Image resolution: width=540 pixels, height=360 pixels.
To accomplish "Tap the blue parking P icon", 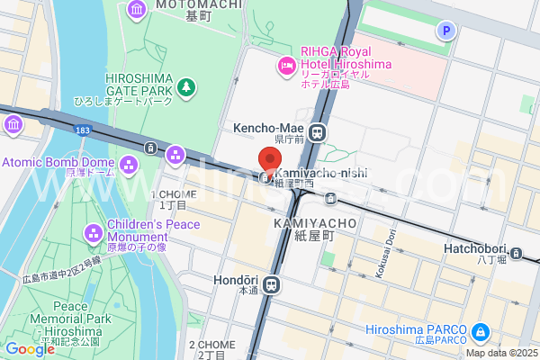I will click(444, 31).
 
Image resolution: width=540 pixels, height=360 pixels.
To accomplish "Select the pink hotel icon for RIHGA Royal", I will click(286, 65).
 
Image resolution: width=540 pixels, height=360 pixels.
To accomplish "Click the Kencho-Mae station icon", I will click(317, 133).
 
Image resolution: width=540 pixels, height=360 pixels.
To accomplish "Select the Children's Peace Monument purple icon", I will click(94, 234).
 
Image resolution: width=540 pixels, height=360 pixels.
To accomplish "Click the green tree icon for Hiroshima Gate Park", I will click(185, 87).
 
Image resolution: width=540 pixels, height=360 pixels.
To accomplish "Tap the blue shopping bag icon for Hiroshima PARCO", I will click(480, 332).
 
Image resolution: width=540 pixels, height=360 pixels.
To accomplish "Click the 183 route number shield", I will click(83, 131).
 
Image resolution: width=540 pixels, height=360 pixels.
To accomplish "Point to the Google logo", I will click(30, 349).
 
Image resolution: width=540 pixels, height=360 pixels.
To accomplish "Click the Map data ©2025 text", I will click(500, 353).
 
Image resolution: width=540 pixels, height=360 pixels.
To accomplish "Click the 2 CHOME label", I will click(211, 345).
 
